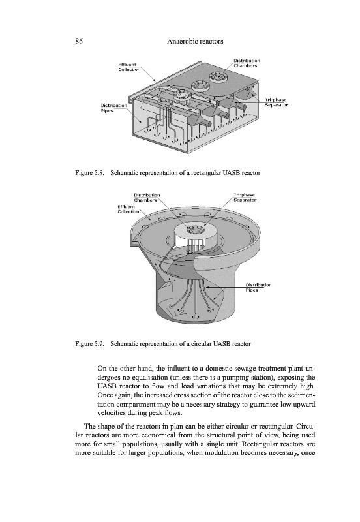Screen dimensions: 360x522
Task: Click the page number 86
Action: [x=79, y=42]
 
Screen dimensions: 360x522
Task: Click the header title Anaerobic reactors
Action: [x=195, y=42]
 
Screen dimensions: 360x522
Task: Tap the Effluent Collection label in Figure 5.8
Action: [x=129, y=67]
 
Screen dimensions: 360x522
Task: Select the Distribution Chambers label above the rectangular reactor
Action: [x=247, y=63]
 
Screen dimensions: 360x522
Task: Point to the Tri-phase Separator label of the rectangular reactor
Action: [x=276, y=102]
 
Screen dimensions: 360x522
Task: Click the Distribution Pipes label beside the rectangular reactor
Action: [x=113, y=108]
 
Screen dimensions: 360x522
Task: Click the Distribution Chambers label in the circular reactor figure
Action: [x=147, y=198]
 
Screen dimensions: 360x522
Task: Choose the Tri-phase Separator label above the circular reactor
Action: [x=244, y=198]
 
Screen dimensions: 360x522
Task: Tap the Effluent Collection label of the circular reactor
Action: [x=128, y=209]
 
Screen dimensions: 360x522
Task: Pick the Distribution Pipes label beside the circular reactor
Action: [x=258, y=288]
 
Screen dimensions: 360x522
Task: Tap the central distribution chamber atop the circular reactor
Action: [x=194, y=230]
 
